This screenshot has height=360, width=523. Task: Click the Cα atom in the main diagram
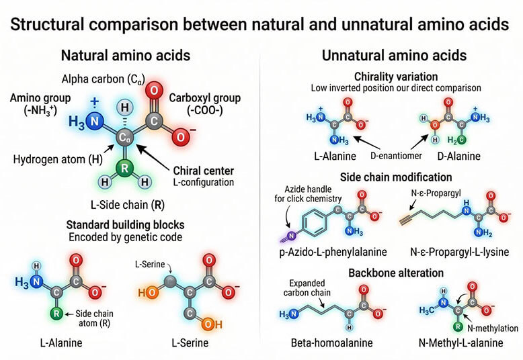tap(124, 137)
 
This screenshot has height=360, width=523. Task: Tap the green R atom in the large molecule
tap(124, 168)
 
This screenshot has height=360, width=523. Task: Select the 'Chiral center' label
tap(204, 171)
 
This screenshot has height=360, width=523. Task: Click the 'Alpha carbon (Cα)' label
tap(104, 79)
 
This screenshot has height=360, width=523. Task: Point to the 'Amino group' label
tap(40, 98)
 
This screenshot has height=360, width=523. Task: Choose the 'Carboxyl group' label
tap(205, 98)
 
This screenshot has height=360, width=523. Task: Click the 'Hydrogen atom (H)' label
tap(58, 159)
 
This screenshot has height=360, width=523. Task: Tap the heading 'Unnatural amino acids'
tap(394, 55)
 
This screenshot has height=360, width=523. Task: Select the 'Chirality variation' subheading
tap(396, 77)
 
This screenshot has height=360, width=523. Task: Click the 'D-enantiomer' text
tap(396, 156)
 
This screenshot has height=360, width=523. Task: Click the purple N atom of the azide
tap(292, 236)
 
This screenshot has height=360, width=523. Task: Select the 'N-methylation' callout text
tap(493, 328)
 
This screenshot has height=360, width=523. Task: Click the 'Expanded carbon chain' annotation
tap(307, 288)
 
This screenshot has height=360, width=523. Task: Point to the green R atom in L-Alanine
tap(56, 314)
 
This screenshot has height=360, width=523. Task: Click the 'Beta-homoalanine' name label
tap(332, 343)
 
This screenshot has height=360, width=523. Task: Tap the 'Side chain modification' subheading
tap(396, 177)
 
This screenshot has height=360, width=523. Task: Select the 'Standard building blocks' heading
tap(126, 225)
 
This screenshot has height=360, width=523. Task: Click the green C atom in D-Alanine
tap(461, 140)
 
